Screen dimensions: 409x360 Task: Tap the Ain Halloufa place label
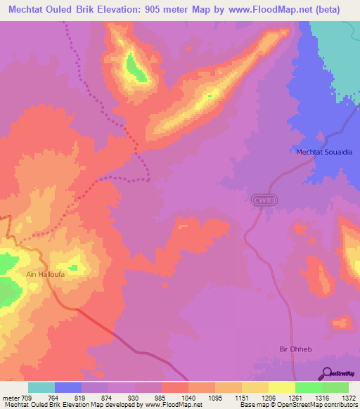click(46, 275)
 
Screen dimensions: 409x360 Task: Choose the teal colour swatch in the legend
click(41, 387)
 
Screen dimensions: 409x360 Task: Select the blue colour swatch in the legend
click(68, 387)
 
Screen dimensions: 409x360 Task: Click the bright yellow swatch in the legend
click(282, 387)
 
